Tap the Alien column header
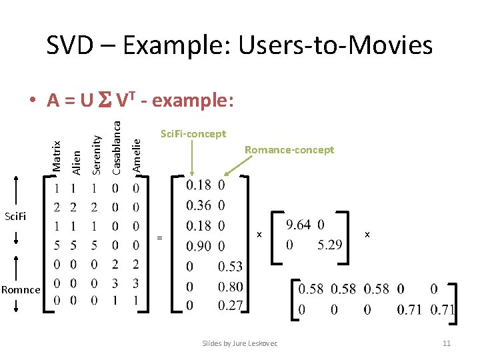76,162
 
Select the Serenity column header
96,154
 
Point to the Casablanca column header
117,143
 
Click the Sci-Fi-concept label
193,134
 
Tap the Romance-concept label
289,150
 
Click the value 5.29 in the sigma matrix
329,245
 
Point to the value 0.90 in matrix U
199,246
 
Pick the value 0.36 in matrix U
199,205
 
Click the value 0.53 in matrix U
231,267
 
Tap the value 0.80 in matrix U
231,287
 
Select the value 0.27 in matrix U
231,306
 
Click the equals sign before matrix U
159,237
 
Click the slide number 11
447,343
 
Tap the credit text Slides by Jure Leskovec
240,343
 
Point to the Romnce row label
21,289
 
